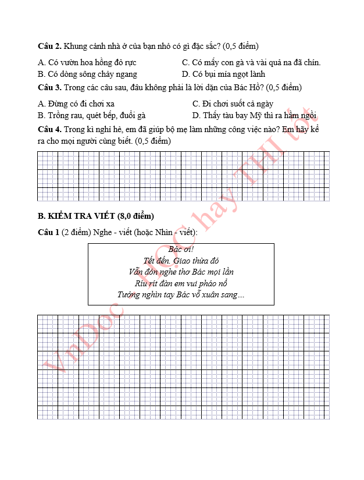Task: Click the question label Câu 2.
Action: [x=49, y=46]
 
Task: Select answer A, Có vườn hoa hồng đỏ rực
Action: [x=87, y=62]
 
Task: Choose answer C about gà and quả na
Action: [x=251, y=62]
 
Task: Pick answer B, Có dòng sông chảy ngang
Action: [x=87, y=74]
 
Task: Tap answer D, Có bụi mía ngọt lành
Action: [x=223, y=74]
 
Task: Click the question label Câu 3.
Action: [x=49, y=88]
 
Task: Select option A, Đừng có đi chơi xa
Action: [x=76, y=104]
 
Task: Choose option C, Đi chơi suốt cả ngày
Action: [x=233, y=104]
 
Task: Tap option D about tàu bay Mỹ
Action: [x=254, y=115]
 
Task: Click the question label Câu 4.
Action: [x=49, y=129]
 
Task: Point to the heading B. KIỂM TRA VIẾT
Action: [x=96, y=216]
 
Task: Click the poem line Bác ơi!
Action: [x=181, y=249]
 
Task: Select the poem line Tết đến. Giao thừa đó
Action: [x=181, y=261]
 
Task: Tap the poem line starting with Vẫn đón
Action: [x=181, y=272]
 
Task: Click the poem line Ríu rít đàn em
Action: [x=181, y=283]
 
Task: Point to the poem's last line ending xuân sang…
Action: [x=181, y=295]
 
